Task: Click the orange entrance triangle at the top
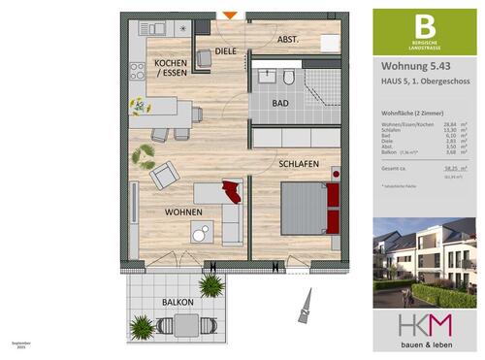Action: pos(229,15)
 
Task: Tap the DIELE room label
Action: pos(226,50)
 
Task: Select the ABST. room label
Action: pos(287,40)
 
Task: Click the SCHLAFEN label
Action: pos(300,164)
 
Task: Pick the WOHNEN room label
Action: pos(182,210)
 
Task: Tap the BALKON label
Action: pos(179,302)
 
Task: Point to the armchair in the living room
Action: pos(163,175)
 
